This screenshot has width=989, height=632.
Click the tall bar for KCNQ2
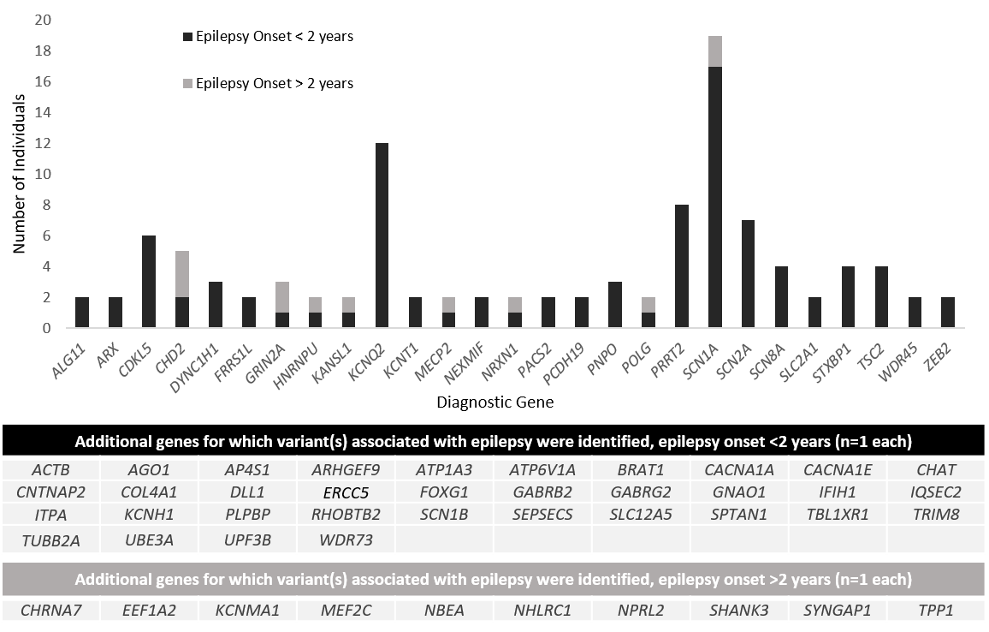382,236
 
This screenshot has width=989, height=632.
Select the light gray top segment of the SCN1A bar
715,51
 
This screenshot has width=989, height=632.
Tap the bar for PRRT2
682,265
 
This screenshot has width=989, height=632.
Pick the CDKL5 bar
149,282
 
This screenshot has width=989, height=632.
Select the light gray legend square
187,83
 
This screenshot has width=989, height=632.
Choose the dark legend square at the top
187,37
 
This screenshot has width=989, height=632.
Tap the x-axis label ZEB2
942,353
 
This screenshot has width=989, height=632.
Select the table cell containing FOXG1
444,492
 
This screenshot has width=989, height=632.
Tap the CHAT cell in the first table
935,469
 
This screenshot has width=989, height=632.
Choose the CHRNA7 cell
49,611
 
